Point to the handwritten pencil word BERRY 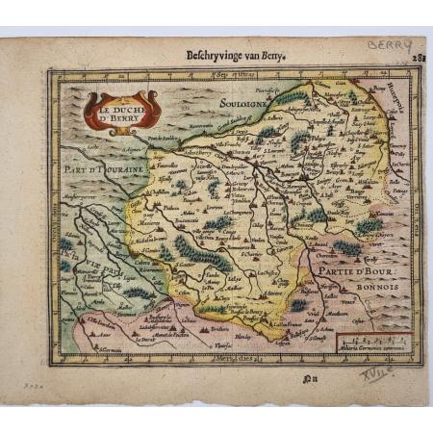(391, 46)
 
